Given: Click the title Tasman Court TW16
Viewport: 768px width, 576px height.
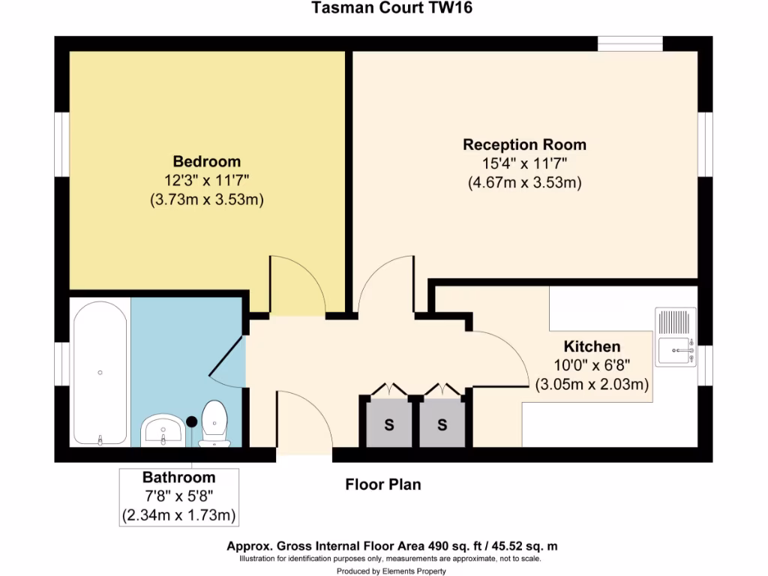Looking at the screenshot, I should click(392, 8).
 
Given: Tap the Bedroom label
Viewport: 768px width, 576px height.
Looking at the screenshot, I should click(207, 161).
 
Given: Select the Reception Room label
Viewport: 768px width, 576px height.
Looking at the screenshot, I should click(524, 145).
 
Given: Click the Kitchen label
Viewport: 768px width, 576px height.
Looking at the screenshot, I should click(592, 346).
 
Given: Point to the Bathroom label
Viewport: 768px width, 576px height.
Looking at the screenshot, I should click(179, 478).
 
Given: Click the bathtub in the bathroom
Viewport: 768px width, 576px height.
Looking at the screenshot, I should click(100, 373).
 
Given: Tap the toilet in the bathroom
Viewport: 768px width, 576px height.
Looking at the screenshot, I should click(215, 423).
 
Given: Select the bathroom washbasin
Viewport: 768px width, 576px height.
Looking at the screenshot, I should click(162, 429).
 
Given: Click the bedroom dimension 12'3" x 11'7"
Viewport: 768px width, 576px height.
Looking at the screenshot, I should click(207, 180).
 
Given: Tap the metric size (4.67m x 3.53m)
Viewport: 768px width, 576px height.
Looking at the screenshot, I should click(524, 182).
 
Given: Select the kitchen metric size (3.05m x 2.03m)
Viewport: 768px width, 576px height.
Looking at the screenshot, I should click(592, 385).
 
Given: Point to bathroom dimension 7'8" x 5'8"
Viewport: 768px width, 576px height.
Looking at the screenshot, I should click(179, 496).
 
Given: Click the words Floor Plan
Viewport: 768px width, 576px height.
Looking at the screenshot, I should click(382, 484).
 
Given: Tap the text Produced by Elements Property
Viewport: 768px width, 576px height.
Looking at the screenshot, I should click(391, 571).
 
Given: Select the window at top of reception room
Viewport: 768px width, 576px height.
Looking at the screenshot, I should click(630, 43).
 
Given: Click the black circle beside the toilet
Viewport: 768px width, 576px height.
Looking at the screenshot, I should click(191, 422).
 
